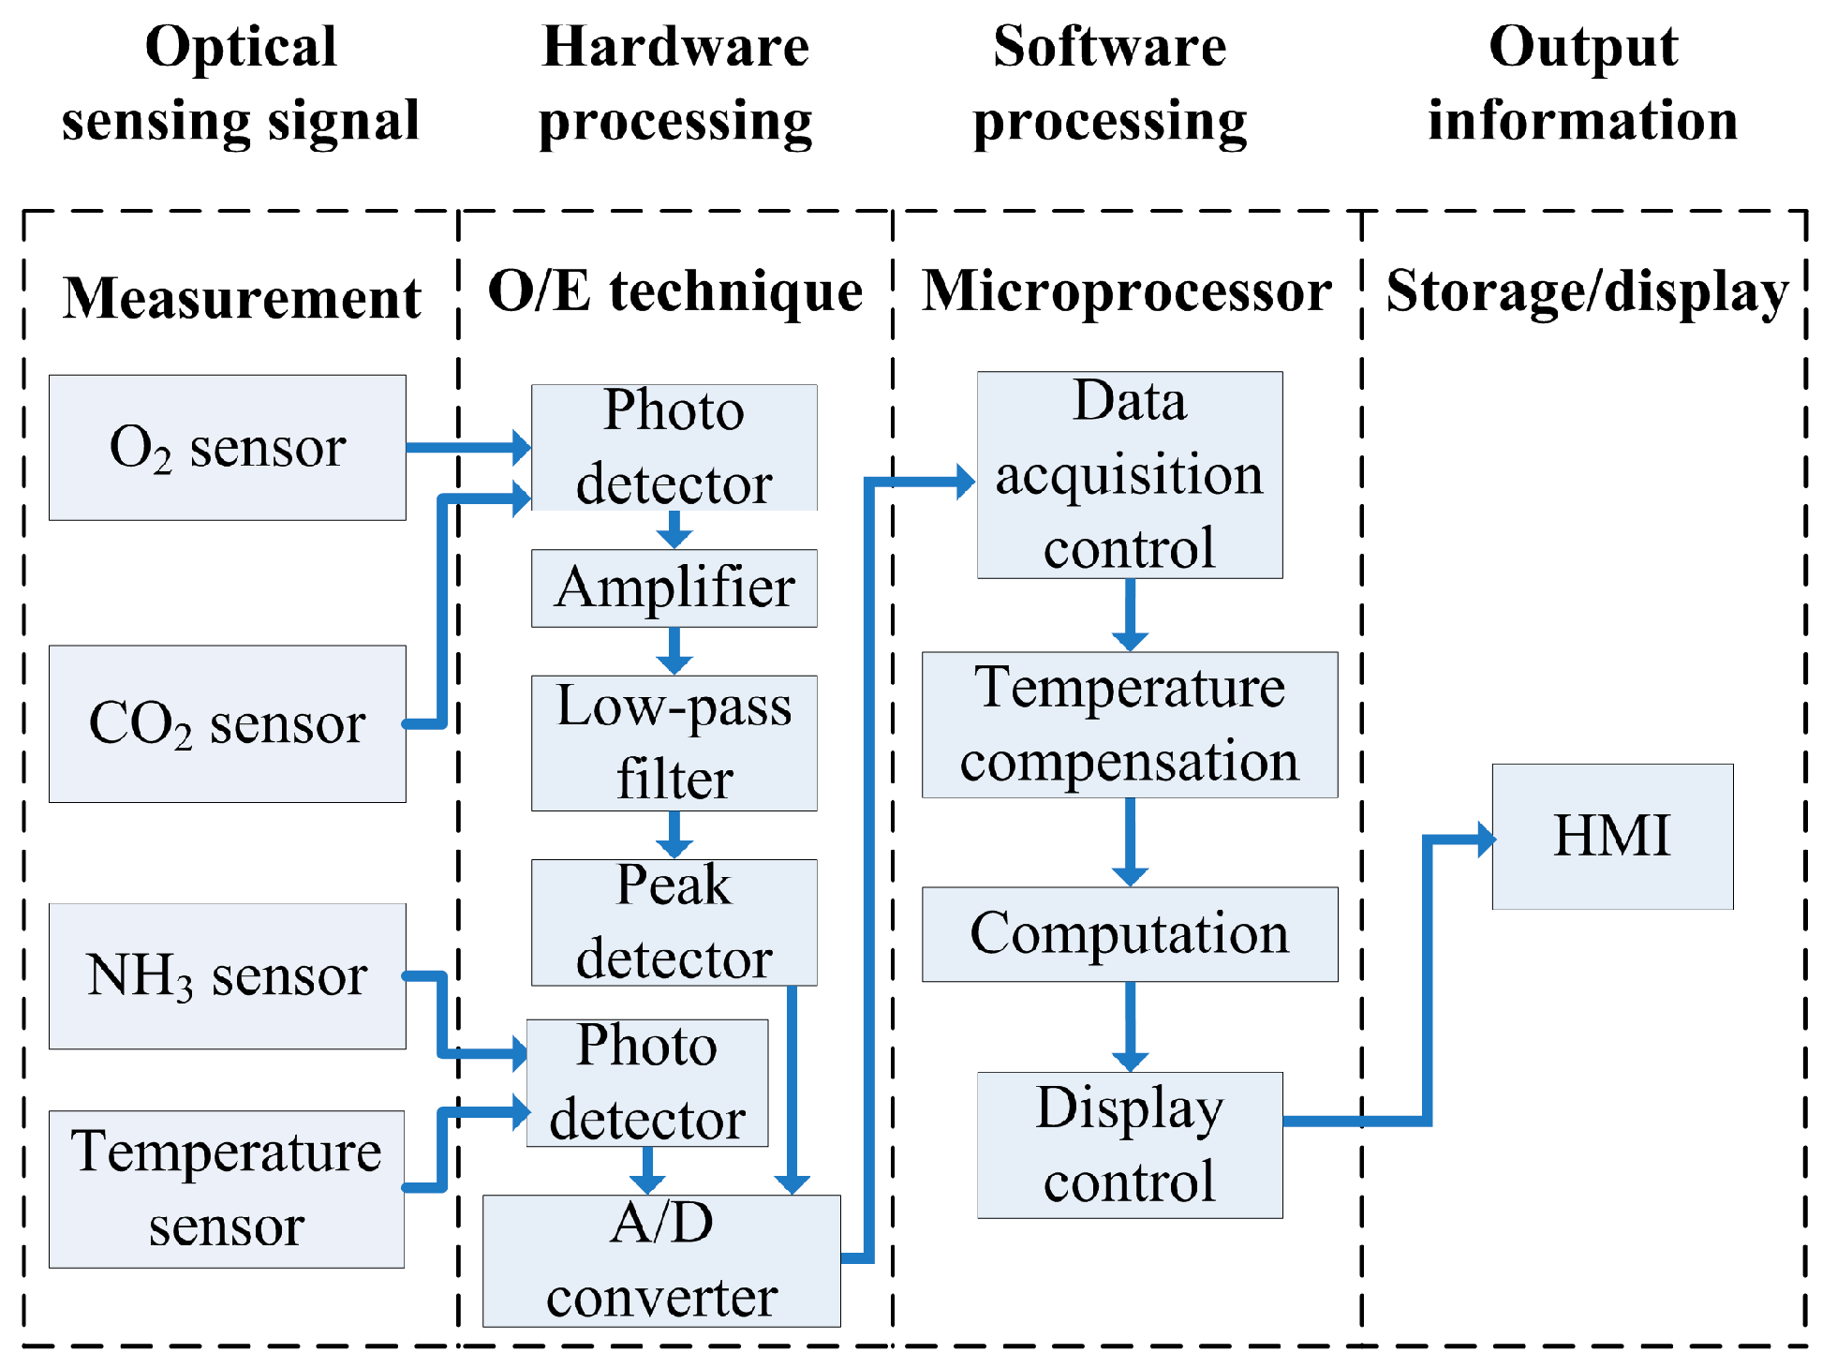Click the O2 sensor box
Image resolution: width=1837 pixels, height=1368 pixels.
pyautogui.click(x=227, y=448)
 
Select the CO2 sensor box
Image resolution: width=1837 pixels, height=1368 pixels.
pyautogui.click(x=227, y=723)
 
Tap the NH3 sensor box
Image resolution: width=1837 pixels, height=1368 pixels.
pyautogui.click(x=227, y=975)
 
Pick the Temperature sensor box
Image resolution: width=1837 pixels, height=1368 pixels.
pyautogui.click(x=227, y=1189)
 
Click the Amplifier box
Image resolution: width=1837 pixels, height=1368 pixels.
pyautogui.click(x=674, y=588)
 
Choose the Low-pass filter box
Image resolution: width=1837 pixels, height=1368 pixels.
pyautogui.click(x=674, y=743)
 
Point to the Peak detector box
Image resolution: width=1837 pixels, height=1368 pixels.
pyautogui.click(x=674, y=922)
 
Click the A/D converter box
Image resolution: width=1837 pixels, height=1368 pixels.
pyautogui.click(x=661, y=1260)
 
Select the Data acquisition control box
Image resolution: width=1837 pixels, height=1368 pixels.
pyautogui.click(x=1129, y=475)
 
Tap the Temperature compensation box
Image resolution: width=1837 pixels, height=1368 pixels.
pyautogui.click(x=1129, y=724)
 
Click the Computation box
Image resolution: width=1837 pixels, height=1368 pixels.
pyautogui.click(x=1129, y=934)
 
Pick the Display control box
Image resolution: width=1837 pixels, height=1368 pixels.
pyautogui.click(x=1129, y=1145)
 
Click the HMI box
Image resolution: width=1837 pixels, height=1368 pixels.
pyautogui.click(x=1611, y=836)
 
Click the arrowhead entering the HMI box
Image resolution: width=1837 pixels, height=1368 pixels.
pyautogui.click(x=1485, y=839)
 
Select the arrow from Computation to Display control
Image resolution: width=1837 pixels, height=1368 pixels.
pyautogui.click(x=1130, y=1027)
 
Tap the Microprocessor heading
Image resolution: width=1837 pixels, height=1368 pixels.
pyautogui.click(x=1126, y=291)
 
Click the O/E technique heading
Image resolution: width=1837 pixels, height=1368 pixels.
pyautogui.click(x=674, y=291)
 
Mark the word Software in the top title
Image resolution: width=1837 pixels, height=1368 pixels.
pyautogui.click(x=1109, y=47)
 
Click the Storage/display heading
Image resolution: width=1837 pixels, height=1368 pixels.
pyautogui.click(x=1587, y=291)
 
